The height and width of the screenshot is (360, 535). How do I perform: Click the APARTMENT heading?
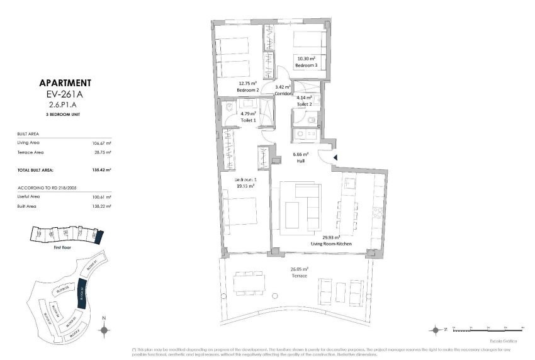[x=65, y=82]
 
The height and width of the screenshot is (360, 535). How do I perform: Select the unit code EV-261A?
[x=65, y=94]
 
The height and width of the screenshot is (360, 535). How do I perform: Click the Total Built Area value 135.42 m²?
[x=101, y=170]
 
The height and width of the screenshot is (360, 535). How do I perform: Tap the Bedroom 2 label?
[x=248, y=90]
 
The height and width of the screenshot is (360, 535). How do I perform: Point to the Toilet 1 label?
[x=248, y=120]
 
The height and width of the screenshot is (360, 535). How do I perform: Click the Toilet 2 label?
[x=306, y=104]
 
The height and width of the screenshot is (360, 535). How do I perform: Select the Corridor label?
[x=284, y=94]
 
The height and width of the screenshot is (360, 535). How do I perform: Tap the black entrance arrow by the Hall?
[x=335, y=158]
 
